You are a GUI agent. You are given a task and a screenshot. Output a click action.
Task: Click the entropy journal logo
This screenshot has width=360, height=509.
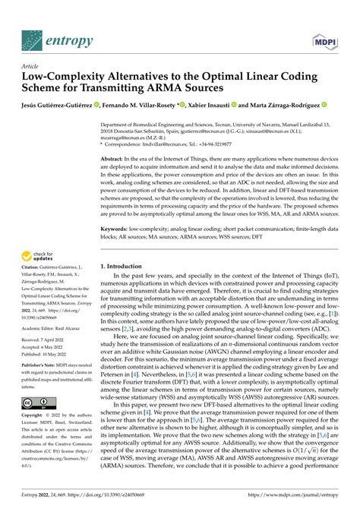click(57, 38)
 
